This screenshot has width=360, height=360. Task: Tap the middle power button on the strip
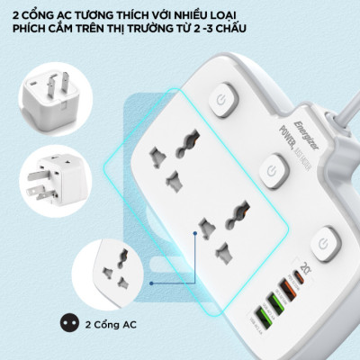point(270,169)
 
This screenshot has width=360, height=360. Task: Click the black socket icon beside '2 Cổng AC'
point(66,322)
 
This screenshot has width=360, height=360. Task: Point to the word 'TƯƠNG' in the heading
point(106,13)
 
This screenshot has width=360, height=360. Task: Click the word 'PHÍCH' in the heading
point(32,29)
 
